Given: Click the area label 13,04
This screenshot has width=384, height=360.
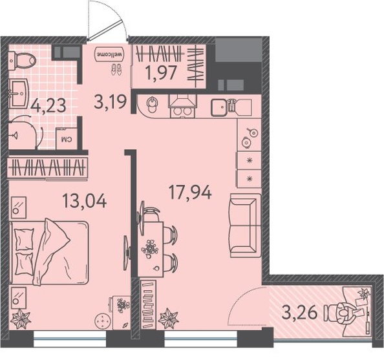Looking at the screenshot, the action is click(x=85, y=201).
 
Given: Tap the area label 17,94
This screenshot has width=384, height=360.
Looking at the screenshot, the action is click(x=190, y=192).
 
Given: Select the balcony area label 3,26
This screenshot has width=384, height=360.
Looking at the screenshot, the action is click(x=299, y=313).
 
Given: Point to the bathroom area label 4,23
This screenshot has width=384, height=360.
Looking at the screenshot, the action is click(x=48, y=105).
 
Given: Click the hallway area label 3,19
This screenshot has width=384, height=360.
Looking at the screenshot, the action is click(x=111, y=102).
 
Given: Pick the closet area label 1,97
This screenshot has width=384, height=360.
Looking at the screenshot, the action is click(x=161, y=72).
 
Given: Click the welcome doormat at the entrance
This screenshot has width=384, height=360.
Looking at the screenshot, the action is click(x=110, y=54).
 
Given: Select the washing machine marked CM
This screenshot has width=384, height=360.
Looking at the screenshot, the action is click(x=67, y=138).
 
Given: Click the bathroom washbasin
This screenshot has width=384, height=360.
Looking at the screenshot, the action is click(x=19, y=94).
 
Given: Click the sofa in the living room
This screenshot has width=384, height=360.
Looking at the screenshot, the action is click(x=245, y=226).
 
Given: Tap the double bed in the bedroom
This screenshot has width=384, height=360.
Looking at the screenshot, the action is click(x=48, y=252).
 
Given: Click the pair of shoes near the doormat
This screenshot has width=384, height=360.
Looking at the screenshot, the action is click(x=116, y=70).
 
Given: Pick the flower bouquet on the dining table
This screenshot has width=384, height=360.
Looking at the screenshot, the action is click(x=150, y=249).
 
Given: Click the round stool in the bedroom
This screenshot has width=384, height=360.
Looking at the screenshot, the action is click(x=102, y=321).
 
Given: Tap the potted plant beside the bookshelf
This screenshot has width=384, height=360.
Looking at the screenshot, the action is click(x=168, y=319).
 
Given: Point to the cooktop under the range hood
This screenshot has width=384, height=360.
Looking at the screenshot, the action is click(x=182, y=112).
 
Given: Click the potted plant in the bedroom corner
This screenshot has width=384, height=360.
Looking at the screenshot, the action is click(x=21, y=319).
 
